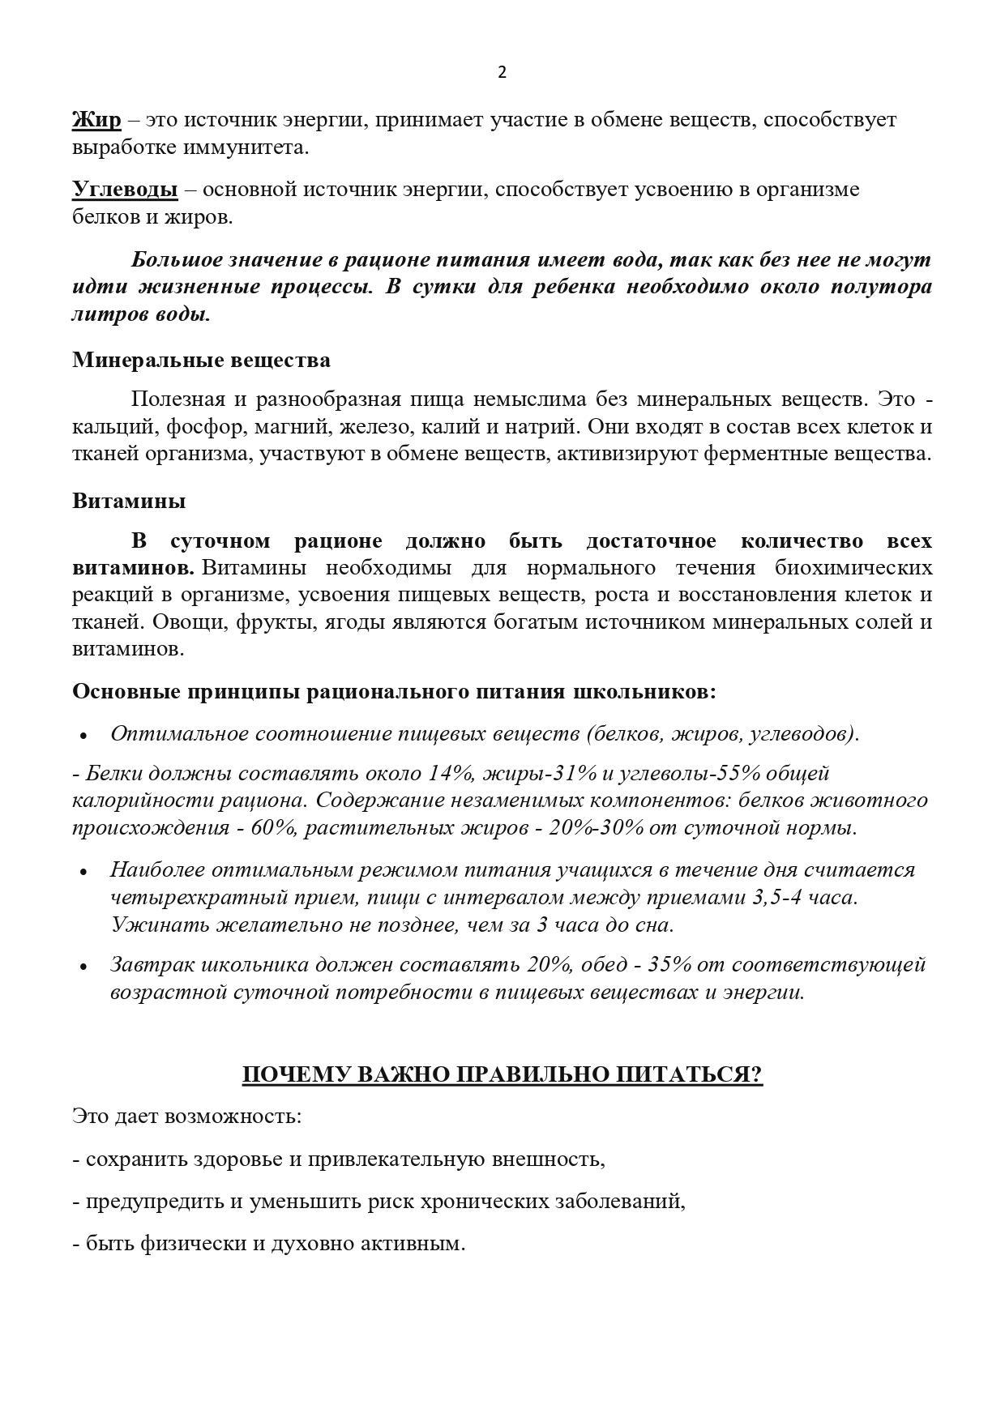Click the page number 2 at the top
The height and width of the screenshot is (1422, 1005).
click(x=502, y=73)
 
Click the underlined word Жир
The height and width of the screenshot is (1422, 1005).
click(x=96, y=120)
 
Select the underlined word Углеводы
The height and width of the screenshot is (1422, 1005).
click(x=125, y=190)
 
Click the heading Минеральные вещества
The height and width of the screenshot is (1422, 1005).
click(x=201, y=360)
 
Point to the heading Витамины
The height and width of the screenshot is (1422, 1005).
click(x=129, y=501)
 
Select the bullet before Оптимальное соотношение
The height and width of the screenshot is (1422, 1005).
click(x=83, y=736)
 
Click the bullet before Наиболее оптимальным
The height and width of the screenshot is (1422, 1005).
click(x=83, y=872)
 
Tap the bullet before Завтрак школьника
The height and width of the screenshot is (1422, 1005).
click(x=83, y=967)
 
